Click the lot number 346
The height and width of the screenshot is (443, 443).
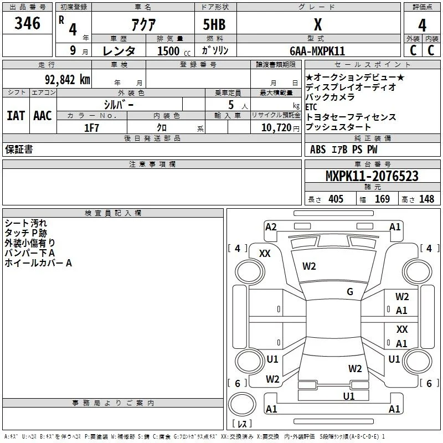[27, 23]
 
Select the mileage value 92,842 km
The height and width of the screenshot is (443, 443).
[68, 80]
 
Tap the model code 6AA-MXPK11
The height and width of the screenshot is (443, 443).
[317, 51]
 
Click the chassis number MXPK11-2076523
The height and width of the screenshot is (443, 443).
[372, 176]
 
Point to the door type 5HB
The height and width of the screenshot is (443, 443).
[214, 24]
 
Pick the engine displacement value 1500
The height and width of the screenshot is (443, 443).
[168, 51]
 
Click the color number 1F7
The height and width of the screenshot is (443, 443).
[91, 128]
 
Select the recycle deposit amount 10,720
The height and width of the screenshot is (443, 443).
[276, 128]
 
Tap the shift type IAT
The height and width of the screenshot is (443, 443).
[16, 116]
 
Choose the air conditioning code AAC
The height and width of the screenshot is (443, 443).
[43, 116]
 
